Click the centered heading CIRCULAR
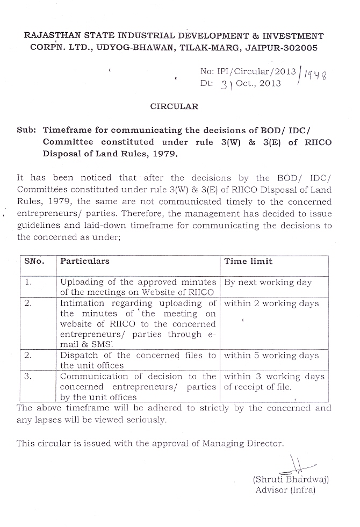click(x=174, y=106)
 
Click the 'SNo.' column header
click(x=34, y=261)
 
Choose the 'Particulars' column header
click(x=84, y=261)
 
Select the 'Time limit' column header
click(x=248, y=261)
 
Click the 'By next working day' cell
click(x=268, y=282)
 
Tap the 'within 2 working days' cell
click(x=271, y=304)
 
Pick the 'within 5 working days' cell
click(x=271, y=355)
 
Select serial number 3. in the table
click(x=29, y=377)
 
